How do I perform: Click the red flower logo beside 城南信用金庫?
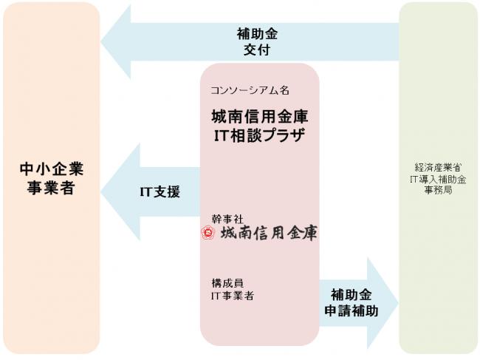click(208, 233)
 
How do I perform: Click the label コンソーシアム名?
click(250, 90)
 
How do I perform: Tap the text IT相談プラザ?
click(260, 135)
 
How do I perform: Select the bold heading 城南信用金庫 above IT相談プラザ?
click(260, 116)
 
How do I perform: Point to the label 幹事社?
click(227, 219)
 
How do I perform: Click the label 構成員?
click(227, 283)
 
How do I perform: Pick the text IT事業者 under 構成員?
click(233, 296)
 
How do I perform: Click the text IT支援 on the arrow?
click(160, 191)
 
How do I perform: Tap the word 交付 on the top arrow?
click(257, 50)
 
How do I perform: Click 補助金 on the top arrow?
click(257, 34)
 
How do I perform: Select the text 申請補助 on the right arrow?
click(351, 310)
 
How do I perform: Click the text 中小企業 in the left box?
click(52, 169)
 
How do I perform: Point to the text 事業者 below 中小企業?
click(51, 188)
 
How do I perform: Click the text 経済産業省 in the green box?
click(438, 167)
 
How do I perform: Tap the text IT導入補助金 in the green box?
click(438, 179)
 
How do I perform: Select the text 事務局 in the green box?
click(438, 190)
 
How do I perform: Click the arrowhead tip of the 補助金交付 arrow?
click(101, 41)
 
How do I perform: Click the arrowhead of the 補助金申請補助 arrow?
click(398, 303)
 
